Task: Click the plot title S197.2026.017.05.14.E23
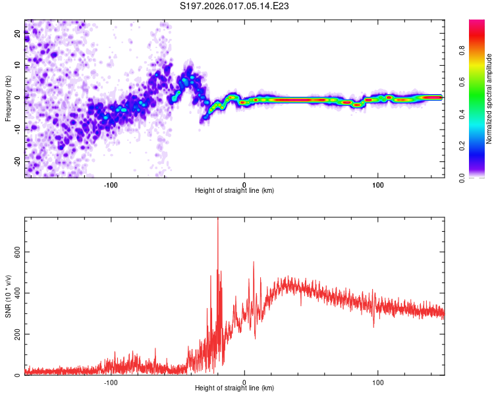click(235, 7)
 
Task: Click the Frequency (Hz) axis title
click(8, 98)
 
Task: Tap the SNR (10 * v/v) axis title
click(8, 297)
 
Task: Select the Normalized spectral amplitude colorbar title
click(489, 99)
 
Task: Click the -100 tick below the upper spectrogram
click(111, 184)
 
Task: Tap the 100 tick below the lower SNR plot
click(378, 382)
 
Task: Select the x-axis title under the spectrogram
click(234, 191)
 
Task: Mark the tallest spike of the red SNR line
click(218, 220)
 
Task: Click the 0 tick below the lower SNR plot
click(244, 382)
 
